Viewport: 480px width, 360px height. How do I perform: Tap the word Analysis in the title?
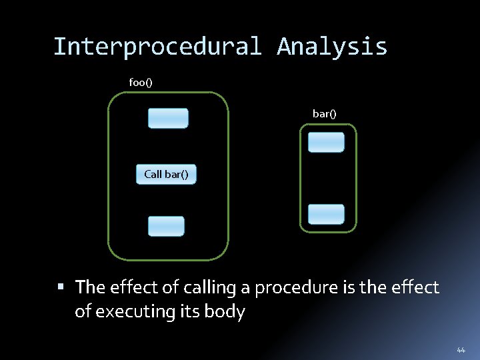point(332,47)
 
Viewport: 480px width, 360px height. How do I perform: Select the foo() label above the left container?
point(141,82)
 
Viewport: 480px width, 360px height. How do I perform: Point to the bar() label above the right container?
point(325,114)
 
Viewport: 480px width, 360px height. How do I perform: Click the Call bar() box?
point(166,174)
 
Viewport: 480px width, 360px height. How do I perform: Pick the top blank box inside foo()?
point(168,118)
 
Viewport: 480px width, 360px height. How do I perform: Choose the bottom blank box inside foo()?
point(166,226)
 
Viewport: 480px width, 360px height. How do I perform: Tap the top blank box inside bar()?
point(326,142)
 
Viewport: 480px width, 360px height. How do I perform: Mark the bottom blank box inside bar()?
point(326,214)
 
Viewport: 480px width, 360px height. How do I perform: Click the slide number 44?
point(461,350)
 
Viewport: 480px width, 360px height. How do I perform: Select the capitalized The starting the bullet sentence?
point(91,288)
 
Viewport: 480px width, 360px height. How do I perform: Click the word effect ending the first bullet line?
point(416,288)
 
